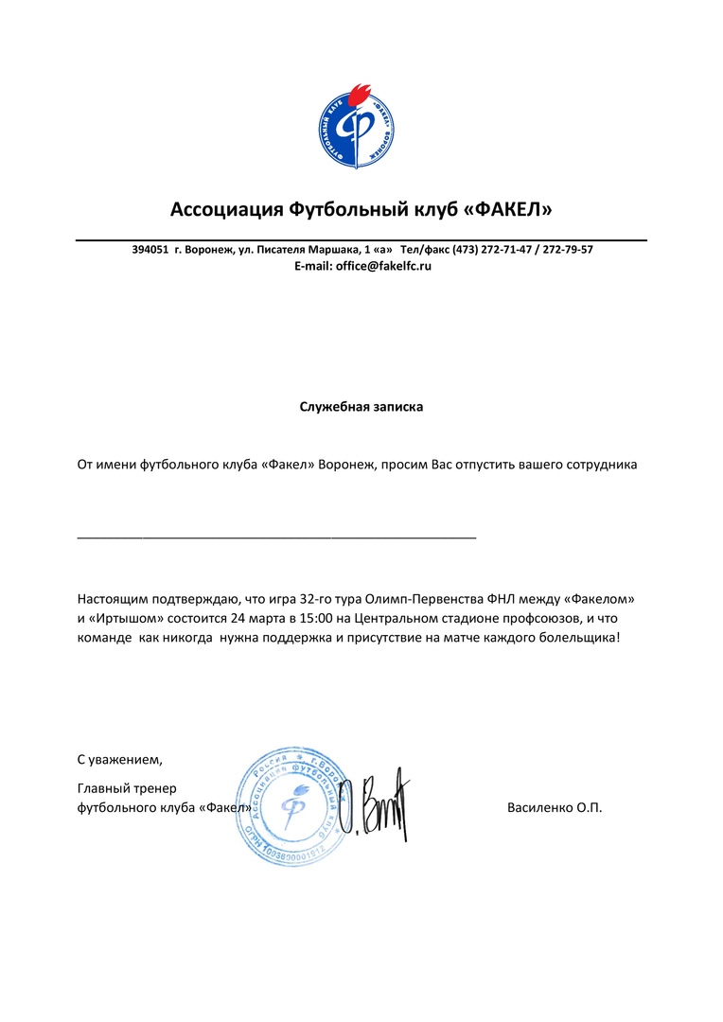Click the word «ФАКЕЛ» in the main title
[510, 208]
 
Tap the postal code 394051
[150, 250]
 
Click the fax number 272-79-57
[567, 250]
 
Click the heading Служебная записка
[361, 407]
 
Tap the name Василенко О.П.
[555, 808]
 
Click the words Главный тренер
[127, 788]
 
